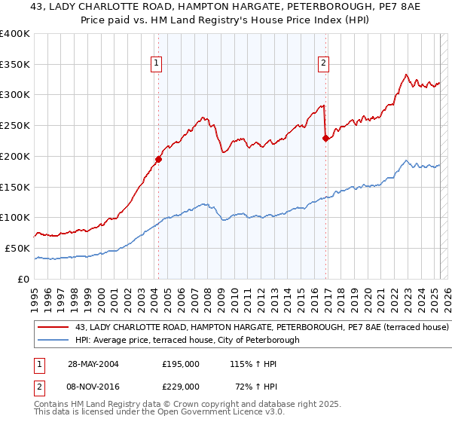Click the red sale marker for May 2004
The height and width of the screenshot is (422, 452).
coord(159,159)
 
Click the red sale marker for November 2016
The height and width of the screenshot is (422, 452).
coord(325,138)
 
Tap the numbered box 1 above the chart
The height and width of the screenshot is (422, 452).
coord(156,63)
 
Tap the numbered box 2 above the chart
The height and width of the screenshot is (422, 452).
coord(323,63)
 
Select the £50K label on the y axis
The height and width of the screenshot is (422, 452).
coord(18,248)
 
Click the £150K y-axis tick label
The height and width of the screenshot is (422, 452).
coord(15,187)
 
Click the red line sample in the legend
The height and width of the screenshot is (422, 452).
coord(54,328)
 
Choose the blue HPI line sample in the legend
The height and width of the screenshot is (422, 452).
coord(54,341)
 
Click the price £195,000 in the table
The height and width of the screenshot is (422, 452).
coord(181,363)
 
